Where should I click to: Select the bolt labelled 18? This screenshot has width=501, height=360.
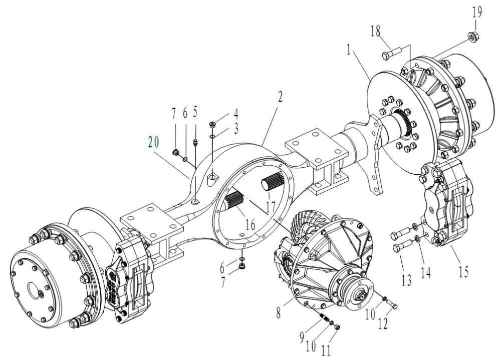pyautogui.click(x=392, y=52)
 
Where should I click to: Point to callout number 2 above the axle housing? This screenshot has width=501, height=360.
pyautogui.click(x=280, y=96)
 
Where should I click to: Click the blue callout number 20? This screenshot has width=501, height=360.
pyautogui.click(x=153, y=142)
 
